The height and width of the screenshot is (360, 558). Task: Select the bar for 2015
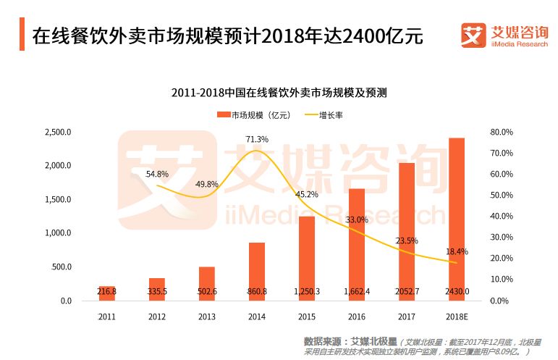coord(307,258)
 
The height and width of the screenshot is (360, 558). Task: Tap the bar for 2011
coord(107,293)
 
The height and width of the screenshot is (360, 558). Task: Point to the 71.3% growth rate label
coord(257,139)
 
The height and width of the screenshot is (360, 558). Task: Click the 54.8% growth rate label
coord(157,174)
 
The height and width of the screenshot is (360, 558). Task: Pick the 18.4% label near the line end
coord(457,251)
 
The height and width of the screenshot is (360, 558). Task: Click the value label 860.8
coord(257,291)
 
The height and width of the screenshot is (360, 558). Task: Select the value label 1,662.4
coord(357,291)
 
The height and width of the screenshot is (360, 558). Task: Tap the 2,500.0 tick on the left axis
coord(57,133)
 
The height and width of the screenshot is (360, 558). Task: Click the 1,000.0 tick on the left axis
coord(57,233)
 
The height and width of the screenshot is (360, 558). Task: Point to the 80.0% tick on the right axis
coord(502,133)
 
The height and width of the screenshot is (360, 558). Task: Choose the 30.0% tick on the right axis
coord(502,238)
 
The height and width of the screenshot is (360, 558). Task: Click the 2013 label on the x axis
coord(207,316)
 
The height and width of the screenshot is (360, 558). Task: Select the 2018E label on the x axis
coord(457,316)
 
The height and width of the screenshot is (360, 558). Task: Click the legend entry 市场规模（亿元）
coord(254,114)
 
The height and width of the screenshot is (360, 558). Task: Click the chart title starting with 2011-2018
coord(279,93)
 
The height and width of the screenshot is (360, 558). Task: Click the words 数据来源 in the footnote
coord(321,340)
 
